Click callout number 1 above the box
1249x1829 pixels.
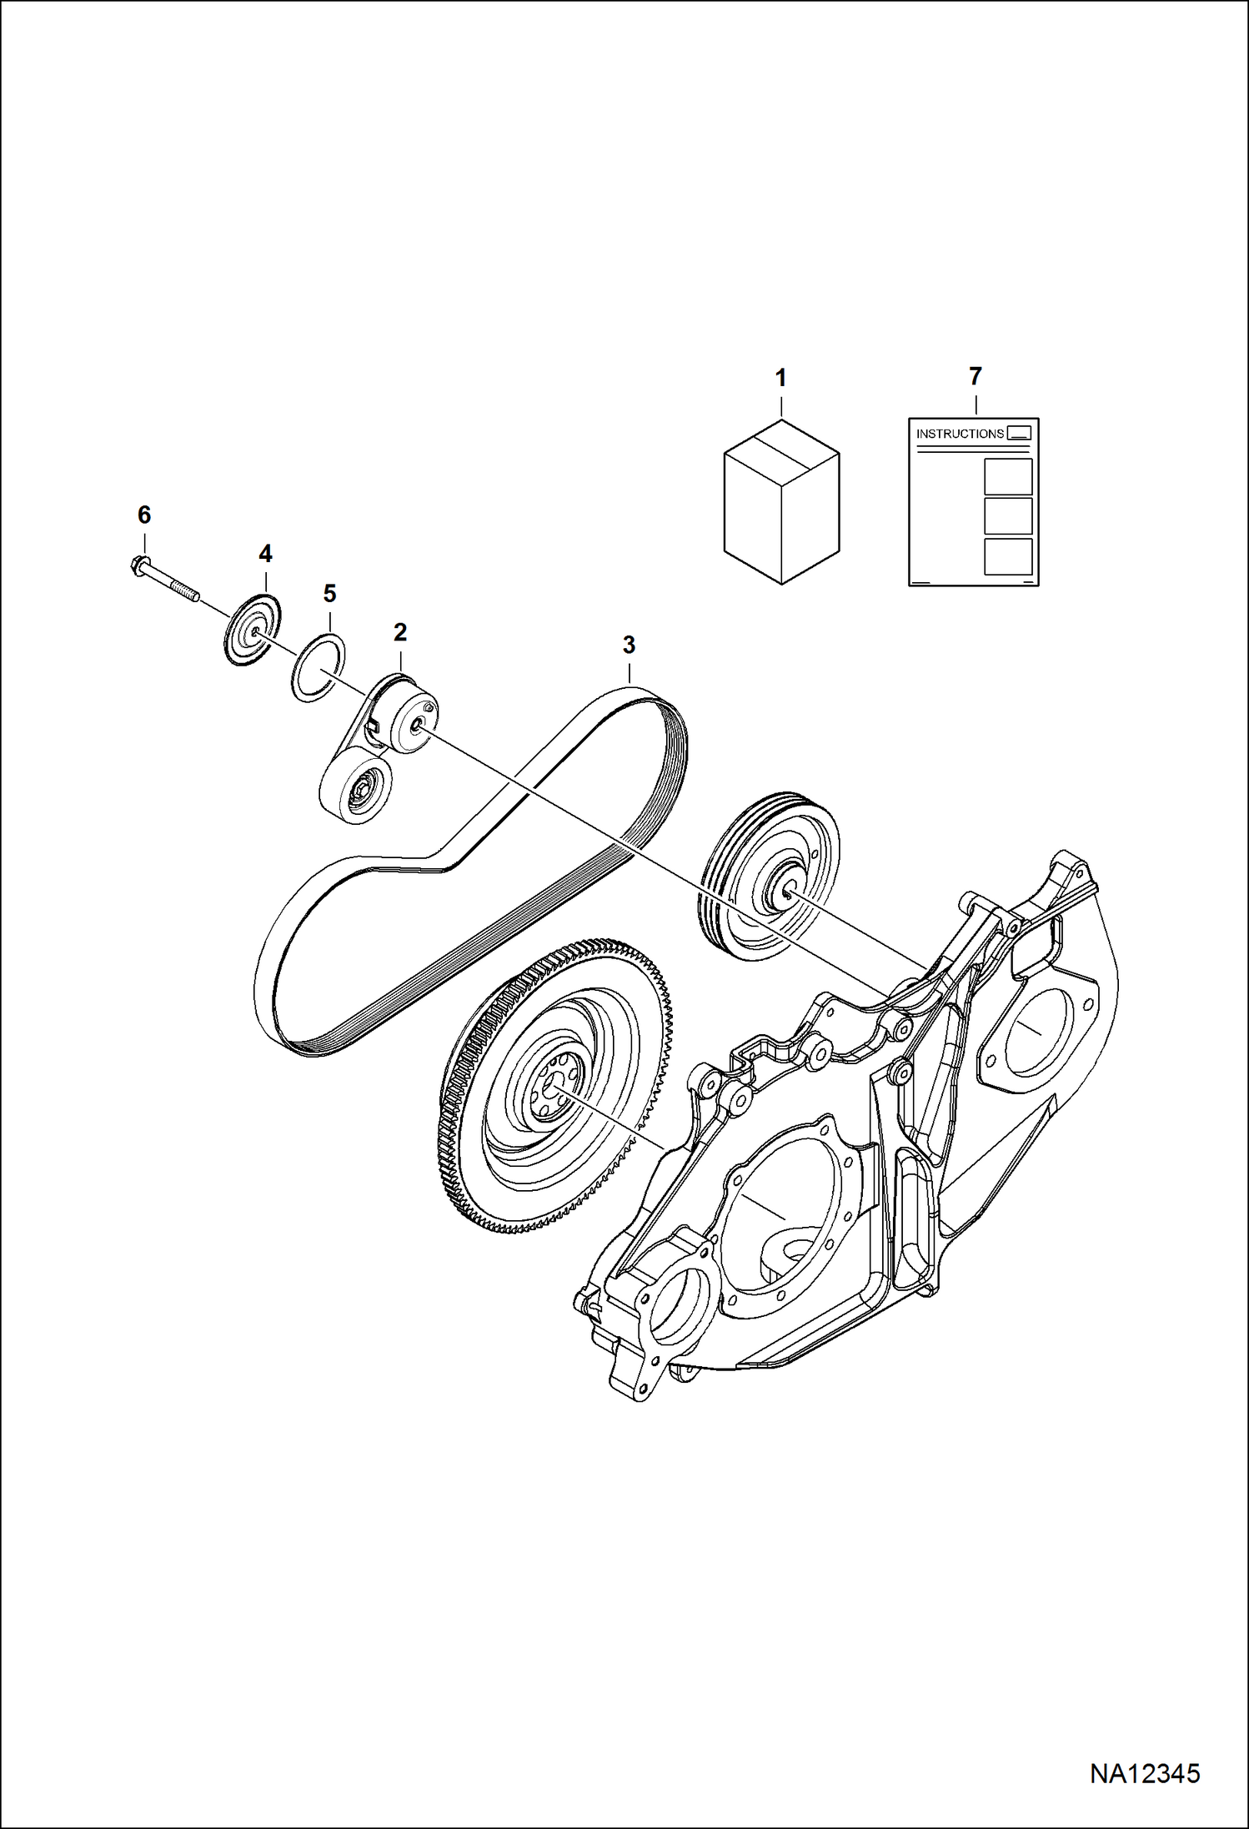780,378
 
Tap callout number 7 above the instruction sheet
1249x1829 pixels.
976,376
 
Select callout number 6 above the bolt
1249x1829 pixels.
144,515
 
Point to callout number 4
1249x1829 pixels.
265,554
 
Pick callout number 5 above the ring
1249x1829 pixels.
329,594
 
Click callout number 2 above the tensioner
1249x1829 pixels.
400,632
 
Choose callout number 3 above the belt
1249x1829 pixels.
629,645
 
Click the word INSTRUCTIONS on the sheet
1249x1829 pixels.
960,434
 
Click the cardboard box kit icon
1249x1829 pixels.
781,501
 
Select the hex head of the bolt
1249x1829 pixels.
140,566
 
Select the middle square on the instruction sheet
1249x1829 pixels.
1008,516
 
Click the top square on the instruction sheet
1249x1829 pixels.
1008,476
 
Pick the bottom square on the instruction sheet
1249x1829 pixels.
1008,556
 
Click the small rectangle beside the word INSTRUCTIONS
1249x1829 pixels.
1019,432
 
